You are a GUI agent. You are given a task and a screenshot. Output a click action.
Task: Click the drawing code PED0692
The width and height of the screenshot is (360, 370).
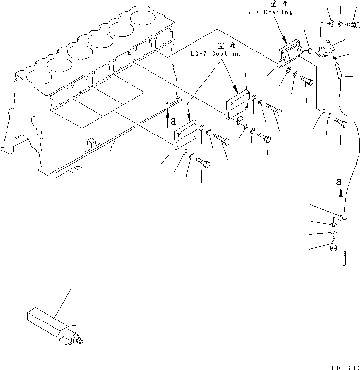pyautogui.click(x=343, y=368)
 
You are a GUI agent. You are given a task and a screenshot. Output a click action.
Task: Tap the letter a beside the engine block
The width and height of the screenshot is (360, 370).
pyautogui.click(x=173, y=121)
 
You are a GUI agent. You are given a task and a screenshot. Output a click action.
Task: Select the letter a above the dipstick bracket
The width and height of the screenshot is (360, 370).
pyautogui.click(x=339, y=182)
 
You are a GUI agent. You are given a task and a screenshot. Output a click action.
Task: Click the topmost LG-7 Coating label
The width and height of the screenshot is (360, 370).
pyautogui.click(x=268, y=12)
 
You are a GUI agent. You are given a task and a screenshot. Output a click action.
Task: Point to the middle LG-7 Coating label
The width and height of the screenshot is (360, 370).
pyautogui.click(x=215, y=54)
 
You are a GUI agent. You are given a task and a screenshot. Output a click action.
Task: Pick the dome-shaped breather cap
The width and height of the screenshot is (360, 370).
pyautogui.click(x=327, y=48)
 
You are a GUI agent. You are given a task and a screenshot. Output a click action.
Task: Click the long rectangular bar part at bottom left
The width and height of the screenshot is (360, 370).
pyautogui.click(x=55, y=327)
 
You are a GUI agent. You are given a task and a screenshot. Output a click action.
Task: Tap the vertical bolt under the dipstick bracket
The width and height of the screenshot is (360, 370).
pyautogui.click(x=334, y=244)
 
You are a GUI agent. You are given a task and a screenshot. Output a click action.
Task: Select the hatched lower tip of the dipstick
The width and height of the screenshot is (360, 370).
pyautogui.click(x=344, y=258)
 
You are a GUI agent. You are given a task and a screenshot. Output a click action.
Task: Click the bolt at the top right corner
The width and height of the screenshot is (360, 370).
pyautogui.click(x=353, y=24)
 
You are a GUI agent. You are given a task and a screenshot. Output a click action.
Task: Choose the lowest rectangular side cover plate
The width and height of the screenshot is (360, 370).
pyautogui.click(x=185, y=135)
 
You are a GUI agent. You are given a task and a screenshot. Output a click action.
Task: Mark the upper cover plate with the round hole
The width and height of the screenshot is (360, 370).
pyautogui.click(x=290, y=53)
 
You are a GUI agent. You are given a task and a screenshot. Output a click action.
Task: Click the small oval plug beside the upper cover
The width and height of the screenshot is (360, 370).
pyautogui.click(x=310, y=50)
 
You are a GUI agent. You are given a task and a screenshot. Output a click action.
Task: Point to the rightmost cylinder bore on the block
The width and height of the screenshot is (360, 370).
pyautogui.click(x=143, y=17)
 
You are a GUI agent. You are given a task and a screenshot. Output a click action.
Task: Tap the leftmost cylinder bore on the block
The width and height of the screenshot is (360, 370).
pyautogui.click(x=39, y=77)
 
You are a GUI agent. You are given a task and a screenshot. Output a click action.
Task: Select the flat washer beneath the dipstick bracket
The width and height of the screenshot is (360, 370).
pyautogui.click(x=333, y=224)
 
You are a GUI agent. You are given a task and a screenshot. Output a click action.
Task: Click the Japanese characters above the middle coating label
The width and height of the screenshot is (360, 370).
pyautogui.click(x=227, y=45)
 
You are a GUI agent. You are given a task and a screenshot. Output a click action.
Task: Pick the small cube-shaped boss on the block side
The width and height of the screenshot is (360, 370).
pyautogui.click(x=91, y=143)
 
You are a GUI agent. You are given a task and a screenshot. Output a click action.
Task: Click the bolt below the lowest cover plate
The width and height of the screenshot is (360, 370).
pyautogui.click(x=203, y=163)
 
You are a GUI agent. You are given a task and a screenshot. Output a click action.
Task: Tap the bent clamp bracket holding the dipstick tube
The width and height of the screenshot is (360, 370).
pyautogui.click(x=339, y=218)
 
